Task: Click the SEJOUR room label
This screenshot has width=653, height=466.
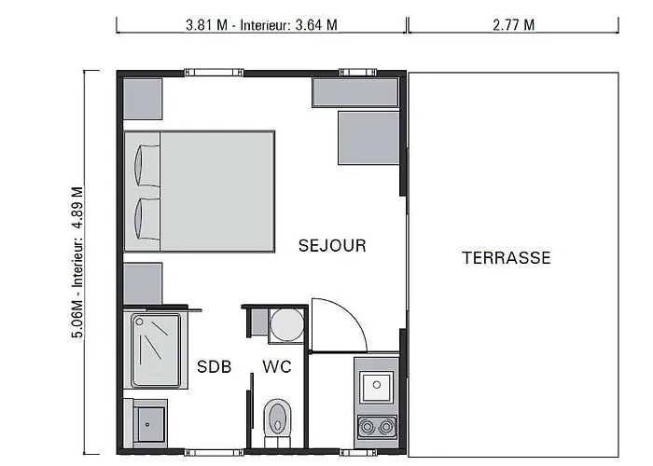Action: click(332, 245)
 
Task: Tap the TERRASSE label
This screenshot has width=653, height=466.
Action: click(507, 258)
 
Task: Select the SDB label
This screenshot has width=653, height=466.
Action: click(214, 366)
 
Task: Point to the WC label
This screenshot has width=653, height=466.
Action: click(277, 366)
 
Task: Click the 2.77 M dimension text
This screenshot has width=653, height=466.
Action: click(513, 25)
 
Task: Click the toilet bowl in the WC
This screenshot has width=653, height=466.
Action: click(277, 418)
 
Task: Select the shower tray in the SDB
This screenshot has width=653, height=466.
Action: click(156, 350)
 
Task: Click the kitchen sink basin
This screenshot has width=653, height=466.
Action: click(377, 387)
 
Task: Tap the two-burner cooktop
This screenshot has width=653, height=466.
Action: click(377, 427)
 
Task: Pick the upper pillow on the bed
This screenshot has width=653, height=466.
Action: click(147, 166)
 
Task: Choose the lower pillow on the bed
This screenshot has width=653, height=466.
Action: click(147, 219)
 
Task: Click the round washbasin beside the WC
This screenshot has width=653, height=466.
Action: click(286, 324)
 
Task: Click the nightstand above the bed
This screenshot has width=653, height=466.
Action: click(143, 99)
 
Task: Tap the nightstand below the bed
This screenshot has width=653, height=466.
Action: click(143, 283)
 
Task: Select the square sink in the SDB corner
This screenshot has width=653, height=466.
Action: click(149, 424)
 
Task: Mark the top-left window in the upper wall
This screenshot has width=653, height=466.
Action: click(214, 73)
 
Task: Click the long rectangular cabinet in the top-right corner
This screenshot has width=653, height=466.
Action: click(355, 93)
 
